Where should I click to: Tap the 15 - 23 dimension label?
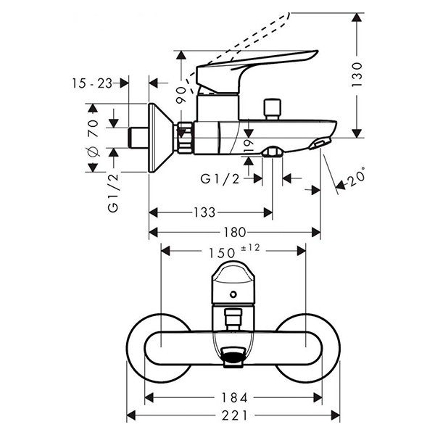pos(92,83)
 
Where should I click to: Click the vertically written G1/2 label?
pos(112,193)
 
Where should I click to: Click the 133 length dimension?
pos(205,212)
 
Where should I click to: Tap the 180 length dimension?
pos(235,232)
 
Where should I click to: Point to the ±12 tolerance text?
pos(249,248)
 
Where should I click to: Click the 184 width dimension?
pos(235,397)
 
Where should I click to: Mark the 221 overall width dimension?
pos(233,415)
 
